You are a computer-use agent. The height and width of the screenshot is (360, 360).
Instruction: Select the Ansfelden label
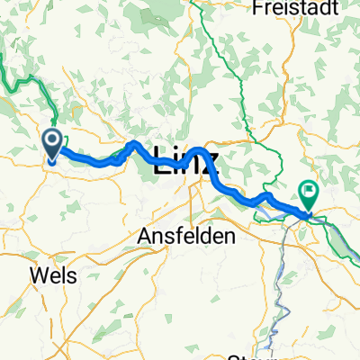tap(186, 236)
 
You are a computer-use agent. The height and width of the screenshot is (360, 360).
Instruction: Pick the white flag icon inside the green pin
tap(310, 190)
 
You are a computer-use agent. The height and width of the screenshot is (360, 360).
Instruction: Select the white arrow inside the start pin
tap(52, 139)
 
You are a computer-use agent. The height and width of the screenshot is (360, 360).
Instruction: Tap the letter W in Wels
tap(39, 274)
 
